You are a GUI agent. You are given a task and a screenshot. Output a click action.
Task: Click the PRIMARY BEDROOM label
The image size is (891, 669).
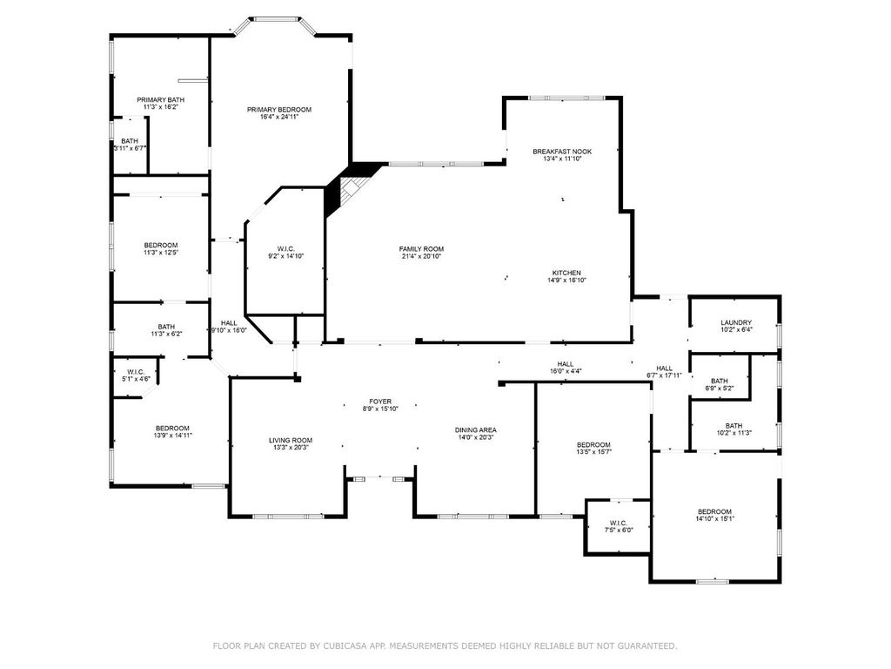pyautogui.click(x=279, y=110)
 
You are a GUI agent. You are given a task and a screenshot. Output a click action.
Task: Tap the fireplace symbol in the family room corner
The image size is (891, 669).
pyautogui.click(x=352, y=189)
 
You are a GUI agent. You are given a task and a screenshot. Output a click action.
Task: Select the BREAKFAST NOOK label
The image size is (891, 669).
pyautogui.click(x=562, y=152)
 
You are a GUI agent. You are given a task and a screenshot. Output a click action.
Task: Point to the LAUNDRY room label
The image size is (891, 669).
pyautogui.click(x=736, y=322)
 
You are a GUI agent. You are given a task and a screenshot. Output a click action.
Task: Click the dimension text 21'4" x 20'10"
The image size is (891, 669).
pyautogui.click(x=421, y=257)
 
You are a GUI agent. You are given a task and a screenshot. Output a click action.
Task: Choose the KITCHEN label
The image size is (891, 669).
pyautogui.click(x=566, y=273)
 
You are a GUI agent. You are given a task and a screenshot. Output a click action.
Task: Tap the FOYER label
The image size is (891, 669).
pyautogui.click(x=380, y=402)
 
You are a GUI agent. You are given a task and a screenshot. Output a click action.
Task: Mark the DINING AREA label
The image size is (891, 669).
pyautogui.click(x=476, y=430)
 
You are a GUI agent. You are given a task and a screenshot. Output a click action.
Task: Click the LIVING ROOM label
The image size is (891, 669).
pyautogui.click(x=291, y=440)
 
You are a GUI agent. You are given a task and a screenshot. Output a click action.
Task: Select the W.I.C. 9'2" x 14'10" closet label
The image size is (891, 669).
pyautogui.click(x=285, y=253)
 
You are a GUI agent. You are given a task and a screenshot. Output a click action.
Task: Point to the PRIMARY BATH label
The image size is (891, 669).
pyautogui.click(x=161, y=100)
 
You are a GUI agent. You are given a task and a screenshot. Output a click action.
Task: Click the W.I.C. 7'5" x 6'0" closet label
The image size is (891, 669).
pyautogui.click(x=619, y=526)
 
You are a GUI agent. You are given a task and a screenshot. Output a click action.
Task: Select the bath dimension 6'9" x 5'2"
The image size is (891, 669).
pyautogui.click(x=720, y=389)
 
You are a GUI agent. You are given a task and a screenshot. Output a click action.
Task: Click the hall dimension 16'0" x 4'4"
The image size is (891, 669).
pyautogui.click(x=566, y=371)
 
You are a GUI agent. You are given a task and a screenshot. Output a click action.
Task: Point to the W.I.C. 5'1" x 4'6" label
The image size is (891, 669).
pyautogui.click(x=136, y=375)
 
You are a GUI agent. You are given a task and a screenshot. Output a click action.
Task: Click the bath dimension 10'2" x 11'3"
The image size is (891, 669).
pyautogui.click(x=734, y=433)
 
